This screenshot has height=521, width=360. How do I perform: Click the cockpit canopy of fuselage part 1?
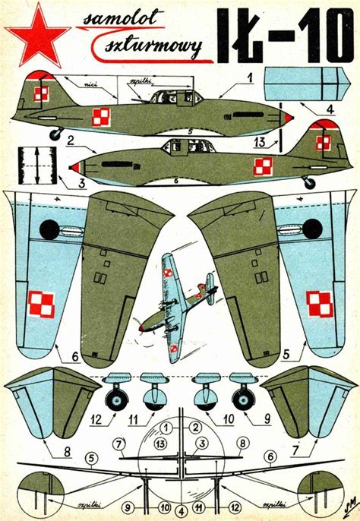pyautogui.click(x=170, y=96)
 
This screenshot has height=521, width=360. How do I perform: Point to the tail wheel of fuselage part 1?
pyautogui.click(x=55, y=134)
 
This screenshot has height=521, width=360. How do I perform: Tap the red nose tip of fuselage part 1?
pyautogui.click(x=289, y=118)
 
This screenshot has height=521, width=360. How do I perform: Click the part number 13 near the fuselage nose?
pyautogui.click(x=259, y=142)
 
